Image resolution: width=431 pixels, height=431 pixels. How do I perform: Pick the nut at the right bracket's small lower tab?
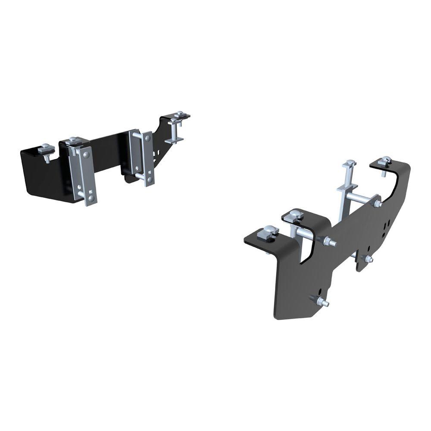pyautogui.click(x=369, y=259)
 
